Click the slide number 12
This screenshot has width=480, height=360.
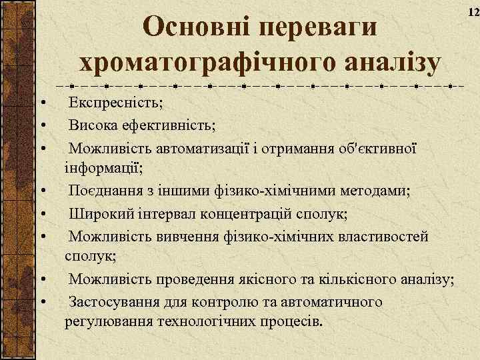473,13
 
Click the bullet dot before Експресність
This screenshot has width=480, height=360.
42,105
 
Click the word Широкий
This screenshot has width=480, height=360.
101,213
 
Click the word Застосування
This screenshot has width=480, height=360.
117,301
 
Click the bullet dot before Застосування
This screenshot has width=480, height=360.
42,303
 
